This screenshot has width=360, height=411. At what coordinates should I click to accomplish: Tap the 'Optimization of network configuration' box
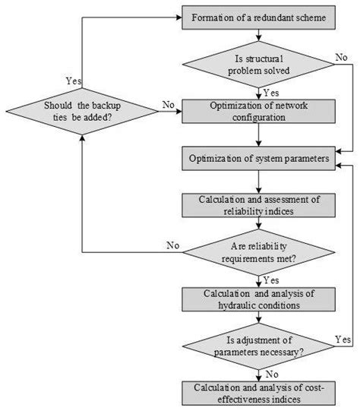point(260,109)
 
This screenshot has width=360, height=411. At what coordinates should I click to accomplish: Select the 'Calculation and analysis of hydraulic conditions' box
point(260,299)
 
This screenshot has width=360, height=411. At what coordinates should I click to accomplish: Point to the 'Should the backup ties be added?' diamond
point(81,111)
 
